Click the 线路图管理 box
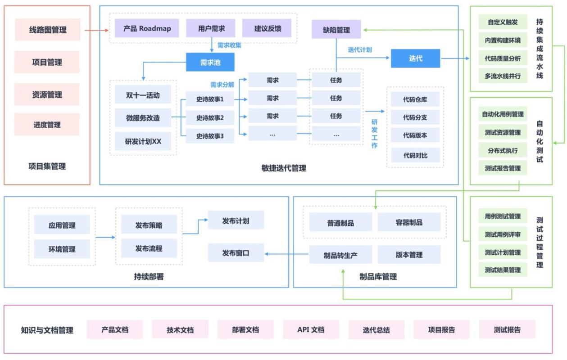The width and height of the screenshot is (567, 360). coord(47,30)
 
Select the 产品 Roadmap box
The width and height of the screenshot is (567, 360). coord(147,28)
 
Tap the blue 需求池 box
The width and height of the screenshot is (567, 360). coord(210,63)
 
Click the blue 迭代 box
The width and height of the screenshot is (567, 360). coord(415,58)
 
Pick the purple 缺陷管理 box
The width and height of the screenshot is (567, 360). coord(336,30)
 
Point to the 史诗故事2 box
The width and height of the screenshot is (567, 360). coord(210,118)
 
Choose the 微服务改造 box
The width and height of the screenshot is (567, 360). coord(143,118)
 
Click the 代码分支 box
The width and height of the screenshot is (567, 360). coord(415,118)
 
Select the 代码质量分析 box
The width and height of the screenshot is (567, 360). coord(503,58)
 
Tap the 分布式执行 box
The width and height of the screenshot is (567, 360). coord(503,150)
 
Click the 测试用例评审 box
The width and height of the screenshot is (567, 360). coord(503,234)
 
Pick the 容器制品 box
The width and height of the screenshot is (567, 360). coord(409,223)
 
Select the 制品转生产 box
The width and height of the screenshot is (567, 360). coord(340,255)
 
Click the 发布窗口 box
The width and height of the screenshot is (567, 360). coord(236,253)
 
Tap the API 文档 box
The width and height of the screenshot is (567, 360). coord(311,329)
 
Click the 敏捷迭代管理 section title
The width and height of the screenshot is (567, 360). coord(284,168)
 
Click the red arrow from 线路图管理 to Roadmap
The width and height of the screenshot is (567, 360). coord(96,30)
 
